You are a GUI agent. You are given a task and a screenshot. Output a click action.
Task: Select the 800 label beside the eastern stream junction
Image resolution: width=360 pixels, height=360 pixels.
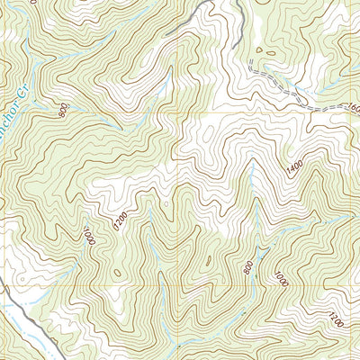coord(248,266)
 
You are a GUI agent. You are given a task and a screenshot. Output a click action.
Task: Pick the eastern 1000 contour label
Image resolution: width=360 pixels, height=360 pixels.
coord(281,278)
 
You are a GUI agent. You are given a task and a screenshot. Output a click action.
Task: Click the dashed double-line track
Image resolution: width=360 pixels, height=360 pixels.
coord(279,90)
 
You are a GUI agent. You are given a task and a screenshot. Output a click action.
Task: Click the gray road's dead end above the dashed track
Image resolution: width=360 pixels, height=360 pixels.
coord(236,45)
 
